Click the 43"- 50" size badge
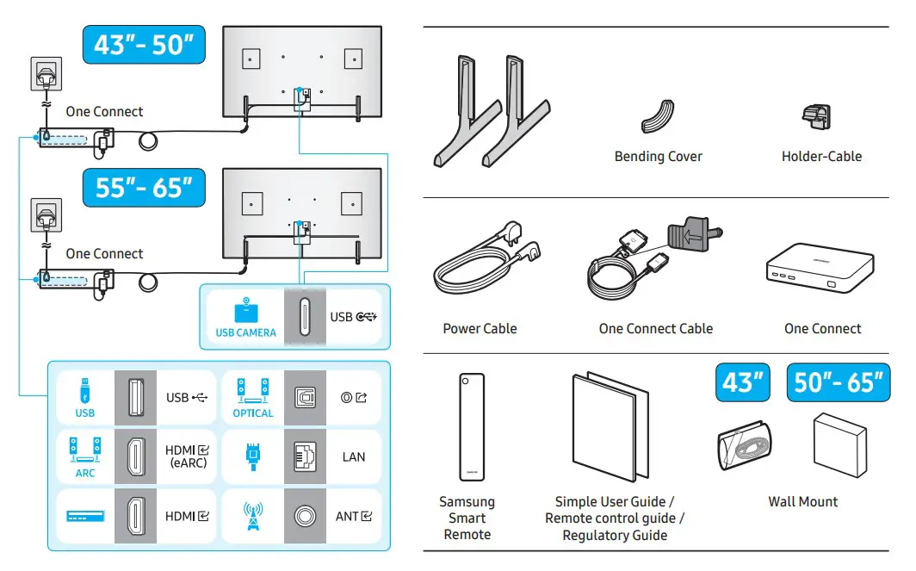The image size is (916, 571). click(x=144, y=45)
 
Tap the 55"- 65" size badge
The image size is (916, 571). click(x=144, y=188)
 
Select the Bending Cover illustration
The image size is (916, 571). click(x=658, y=116)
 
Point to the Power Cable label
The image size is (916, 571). click(x=480, y=328)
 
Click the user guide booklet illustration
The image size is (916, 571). click(x=610, y=429)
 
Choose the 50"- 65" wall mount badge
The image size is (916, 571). click(x=838, y=382)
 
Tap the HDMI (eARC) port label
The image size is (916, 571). click(x=186, y=456)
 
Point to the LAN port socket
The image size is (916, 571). click(x=305, y=456)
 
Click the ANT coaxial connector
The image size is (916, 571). click(x=305, y=516)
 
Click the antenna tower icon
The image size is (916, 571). click(x=253, y=516)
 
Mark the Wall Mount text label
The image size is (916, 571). click(x=802, y=501)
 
